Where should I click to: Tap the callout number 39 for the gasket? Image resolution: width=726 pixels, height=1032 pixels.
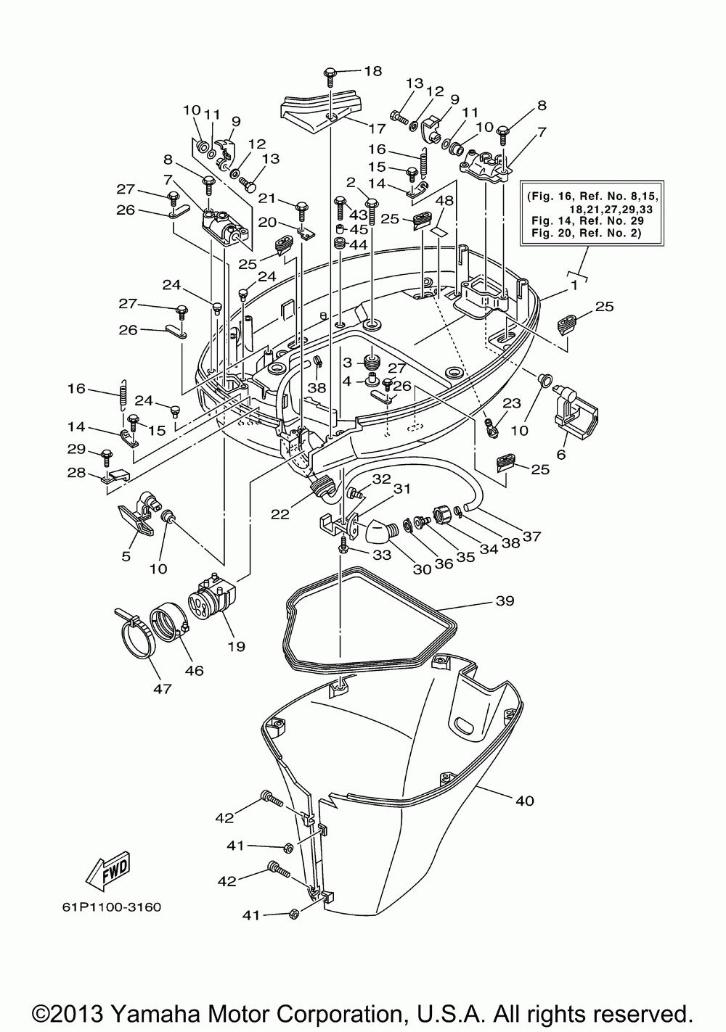[x=505, y=600]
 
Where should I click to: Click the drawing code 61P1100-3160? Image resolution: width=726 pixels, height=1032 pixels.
[x=112, y=907]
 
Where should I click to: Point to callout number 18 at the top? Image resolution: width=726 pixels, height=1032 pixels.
[x=373, y=71]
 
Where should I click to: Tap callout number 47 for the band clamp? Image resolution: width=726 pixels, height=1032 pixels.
[x=162, y=689]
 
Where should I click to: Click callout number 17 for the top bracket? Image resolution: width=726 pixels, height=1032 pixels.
[x=377, y=128]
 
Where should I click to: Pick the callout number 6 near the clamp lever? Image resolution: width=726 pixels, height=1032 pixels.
[x=560, y=455]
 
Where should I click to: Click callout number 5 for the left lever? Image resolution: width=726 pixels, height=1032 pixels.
[x=126, y=556]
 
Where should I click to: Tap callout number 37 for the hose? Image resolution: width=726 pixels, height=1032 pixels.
[x=531, y=536]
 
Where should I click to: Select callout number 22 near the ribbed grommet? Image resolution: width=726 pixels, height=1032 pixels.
[x=280, y=514]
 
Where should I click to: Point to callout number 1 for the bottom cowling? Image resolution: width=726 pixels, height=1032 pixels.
[x=574, y=286]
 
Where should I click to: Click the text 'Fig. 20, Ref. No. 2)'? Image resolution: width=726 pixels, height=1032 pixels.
[x=586, y=233]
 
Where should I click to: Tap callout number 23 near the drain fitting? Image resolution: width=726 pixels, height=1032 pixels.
[x=511, y=403]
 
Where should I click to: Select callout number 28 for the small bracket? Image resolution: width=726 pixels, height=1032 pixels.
[x=76, y=473]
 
